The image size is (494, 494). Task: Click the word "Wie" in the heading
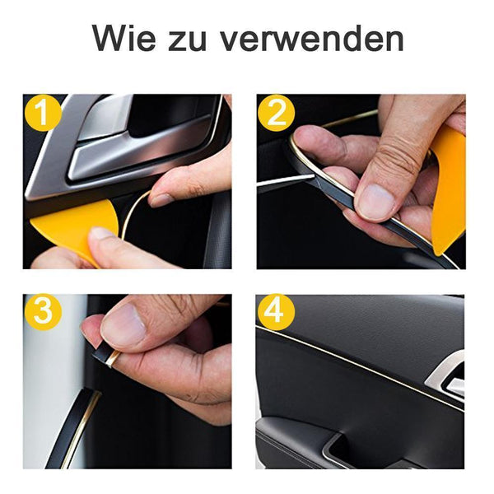(124, 39)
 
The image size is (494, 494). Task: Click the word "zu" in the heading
(187, 42)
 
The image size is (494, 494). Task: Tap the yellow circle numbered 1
(43, 113)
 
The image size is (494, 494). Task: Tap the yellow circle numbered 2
(277, 113)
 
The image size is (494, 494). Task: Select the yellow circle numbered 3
(43, 312)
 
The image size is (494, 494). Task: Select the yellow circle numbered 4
(277, 312)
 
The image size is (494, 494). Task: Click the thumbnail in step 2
(375, 201)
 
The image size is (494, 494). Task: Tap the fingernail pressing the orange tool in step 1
(100, 234)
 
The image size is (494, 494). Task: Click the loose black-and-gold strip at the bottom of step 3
(74, 428)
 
